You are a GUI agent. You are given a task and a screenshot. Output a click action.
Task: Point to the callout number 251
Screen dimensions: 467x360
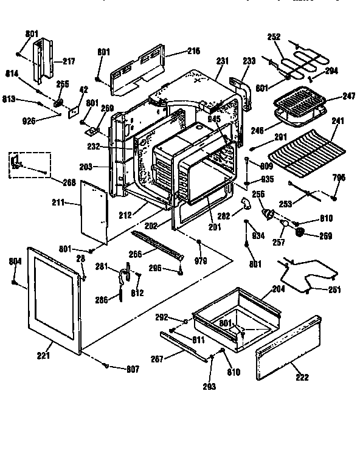334,290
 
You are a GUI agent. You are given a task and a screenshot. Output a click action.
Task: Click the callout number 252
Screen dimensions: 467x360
274,36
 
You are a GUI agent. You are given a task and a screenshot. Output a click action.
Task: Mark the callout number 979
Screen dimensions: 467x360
200,261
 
